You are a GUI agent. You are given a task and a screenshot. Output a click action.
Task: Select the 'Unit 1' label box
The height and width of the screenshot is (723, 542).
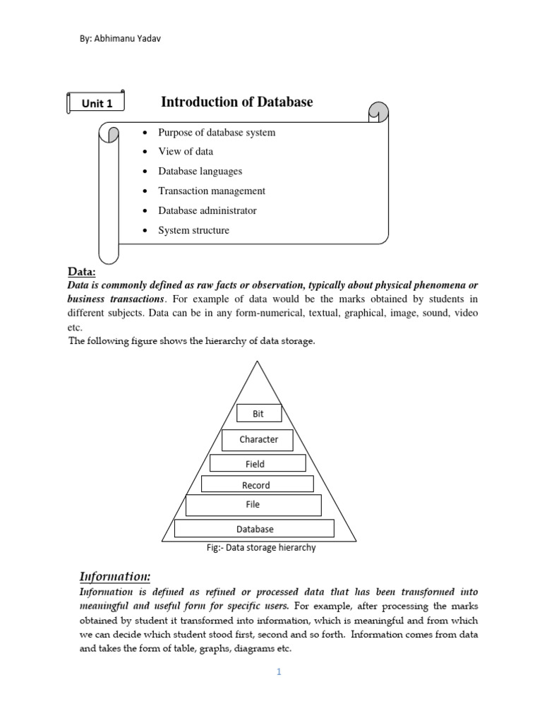[97, 103]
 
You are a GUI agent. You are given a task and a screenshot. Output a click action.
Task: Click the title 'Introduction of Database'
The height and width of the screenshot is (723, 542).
[236, 102]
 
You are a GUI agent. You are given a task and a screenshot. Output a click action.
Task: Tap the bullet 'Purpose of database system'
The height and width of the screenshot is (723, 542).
[217, 133]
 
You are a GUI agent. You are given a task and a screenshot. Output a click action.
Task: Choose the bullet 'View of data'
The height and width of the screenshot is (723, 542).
[186, 152]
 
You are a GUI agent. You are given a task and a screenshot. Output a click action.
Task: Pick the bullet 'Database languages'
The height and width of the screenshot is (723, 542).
[200, 172]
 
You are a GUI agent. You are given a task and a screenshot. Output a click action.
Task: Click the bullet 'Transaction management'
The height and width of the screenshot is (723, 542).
[212, 191]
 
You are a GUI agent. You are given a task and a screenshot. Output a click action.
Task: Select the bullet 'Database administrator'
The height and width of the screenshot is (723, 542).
[207, 210]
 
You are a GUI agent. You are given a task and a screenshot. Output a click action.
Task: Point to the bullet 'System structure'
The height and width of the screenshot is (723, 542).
[193, 230]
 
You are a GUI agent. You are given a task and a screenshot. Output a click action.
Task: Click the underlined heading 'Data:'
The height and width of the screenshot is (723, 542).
[81, 272]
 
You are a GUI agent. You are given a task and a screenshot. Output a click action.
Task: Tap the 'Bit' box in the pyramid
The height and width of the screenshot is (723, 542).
[258, 413]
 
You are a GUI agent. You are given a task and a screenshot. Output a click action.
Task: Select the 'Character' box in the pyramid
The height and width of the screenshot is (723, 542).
[258, 439]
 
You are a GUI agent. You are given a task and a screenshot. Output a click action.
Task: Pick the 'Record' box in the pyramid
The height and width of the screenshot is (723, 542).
[257, 484]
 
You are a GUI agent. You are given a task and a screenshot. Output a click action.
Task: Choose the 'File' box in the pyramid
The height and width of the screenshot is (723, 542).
[253, 505]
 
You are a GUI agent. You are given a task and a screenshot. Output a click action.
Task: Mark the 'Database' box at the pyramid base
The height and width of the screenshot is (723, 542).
[254, 528]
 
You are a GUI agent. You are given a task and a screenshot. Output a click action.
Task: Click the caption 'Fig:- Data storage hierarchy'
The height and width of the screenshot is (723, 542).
[258, 548]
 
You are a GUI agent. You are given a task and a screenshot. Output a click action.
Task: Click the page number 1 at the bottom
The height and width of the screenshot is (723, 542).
[279, 672]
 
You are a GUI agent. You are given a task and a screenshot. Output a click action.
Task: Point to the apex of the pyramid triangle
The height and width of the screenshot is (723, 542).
[258, 361]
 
